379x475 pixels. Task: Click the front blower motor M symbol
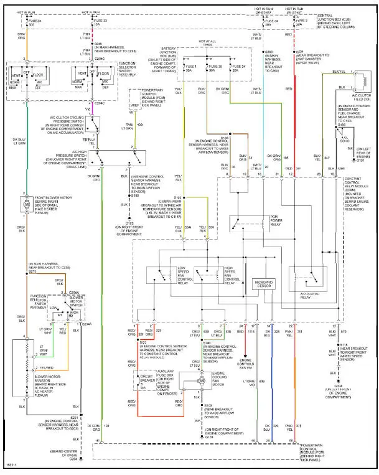pyautogui.click(x=26, y=204)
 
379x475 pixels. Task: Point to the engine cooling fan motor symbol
pyautogui.click(x=200, y=380)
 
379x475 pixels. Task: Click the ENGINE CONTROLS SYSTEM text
pyautogui.click(x=245, y=363)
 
